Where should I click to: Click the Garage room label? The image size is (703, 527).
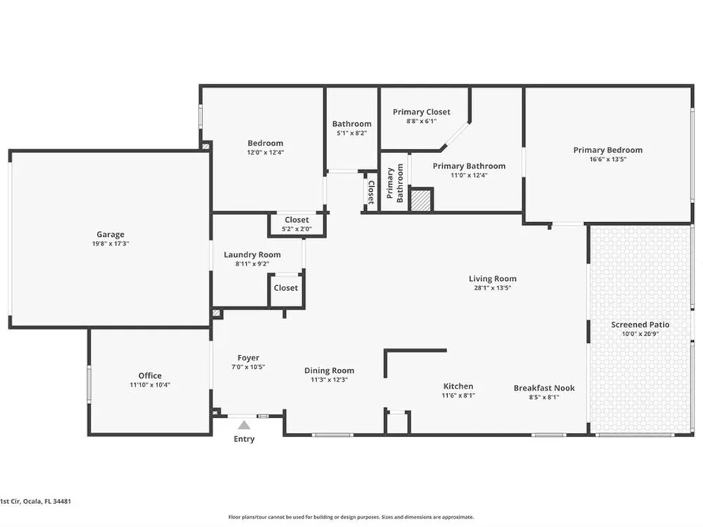[110, 235]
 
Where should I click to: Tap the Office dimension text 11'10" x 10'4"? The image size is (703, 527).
[150, 384]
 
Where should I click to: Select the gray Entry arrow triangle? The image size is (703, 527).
[244, 425]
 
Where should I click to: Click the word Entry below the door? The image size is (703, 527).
[244, 438]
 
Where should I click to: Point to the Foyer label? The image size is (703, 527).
[248, 358]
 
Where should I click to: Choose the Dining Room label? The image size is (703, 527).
[329, 370]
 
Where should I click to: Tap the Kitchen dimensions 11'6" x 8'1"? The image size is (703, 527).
[458, 395]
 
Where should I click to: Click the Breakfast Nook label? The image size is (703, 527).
[544, 388]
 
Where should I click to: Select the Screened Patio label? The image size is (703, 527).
[640, 325]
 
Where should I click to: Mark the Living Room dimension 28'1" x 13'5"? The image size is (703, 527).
[493, 287]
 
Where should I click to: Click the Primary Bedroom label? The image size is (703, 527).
[608, 150]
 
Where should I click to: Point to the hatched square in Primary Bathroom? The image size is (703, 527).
[422, 200]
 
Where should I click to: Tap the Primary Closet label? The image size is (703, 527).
[421, 112]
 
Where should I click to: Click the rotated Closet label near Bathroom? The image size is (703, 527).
[371, 193]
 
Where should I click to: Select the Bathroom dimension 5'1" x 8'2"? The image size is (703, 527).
[352, 133]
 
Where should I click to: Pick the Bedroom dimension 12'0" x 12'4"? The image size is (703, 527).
[266, 152]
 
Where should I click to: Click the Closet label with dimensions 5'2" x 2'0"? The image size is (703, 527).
[297, 220]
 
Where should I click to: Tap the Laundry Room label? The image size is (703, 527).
[252, 254]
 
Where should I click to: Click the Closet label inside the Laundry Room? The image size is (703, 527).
[285, 287]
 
